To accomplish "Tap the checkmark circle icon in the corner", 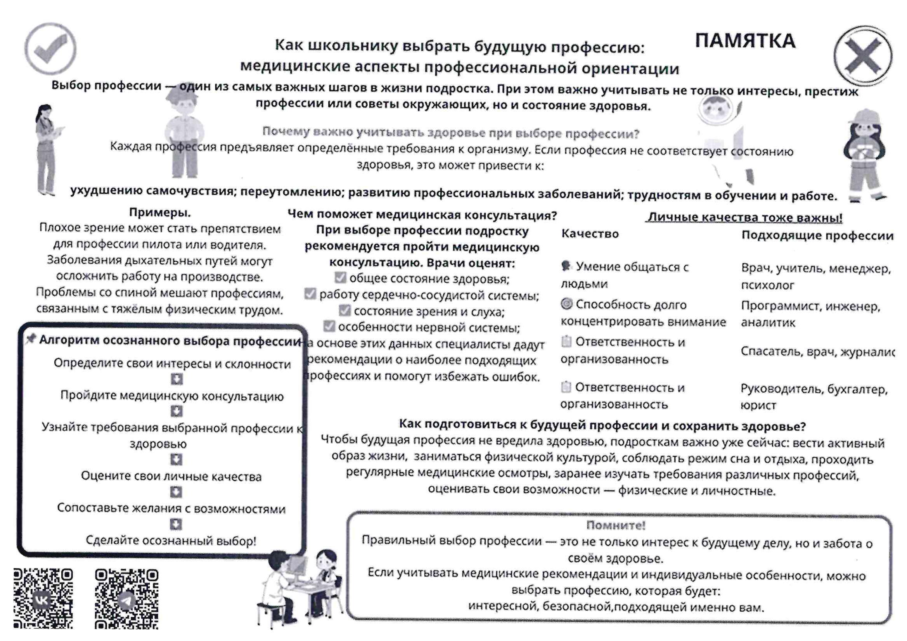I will (50, 48).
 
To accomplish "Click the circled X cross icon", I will (863, 56).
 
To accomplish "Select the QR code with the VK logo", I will (43, 599).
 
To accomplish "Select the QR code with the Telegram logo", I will (126, 599).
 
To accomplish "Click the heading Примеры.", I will (160, 213).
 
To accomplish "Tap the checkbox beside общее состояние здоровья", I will (340, 278).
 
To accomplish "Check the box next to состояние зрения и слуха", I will (344, 311).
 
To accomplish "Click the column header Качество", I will (590, 234).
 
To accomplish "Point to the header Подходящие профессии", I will (817, 236).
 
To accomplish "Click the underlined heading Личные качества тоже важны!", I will (744, 217).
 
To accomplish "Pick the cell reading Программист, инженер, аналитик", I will (810, 314).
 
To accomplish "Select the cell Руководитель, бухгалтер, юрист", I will (814, 397).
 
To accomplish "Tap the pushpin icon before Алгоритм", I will (31, 339).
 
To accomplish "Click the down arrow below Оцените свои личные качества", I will (176, 492).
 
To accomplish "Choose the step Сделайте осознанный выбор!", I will (171, 540).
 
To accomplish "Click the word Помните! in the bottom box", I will (615, 525).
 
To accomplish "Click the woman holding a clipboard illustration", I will (47, 150).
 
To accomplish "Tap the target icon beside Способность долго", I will (566, 304).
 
